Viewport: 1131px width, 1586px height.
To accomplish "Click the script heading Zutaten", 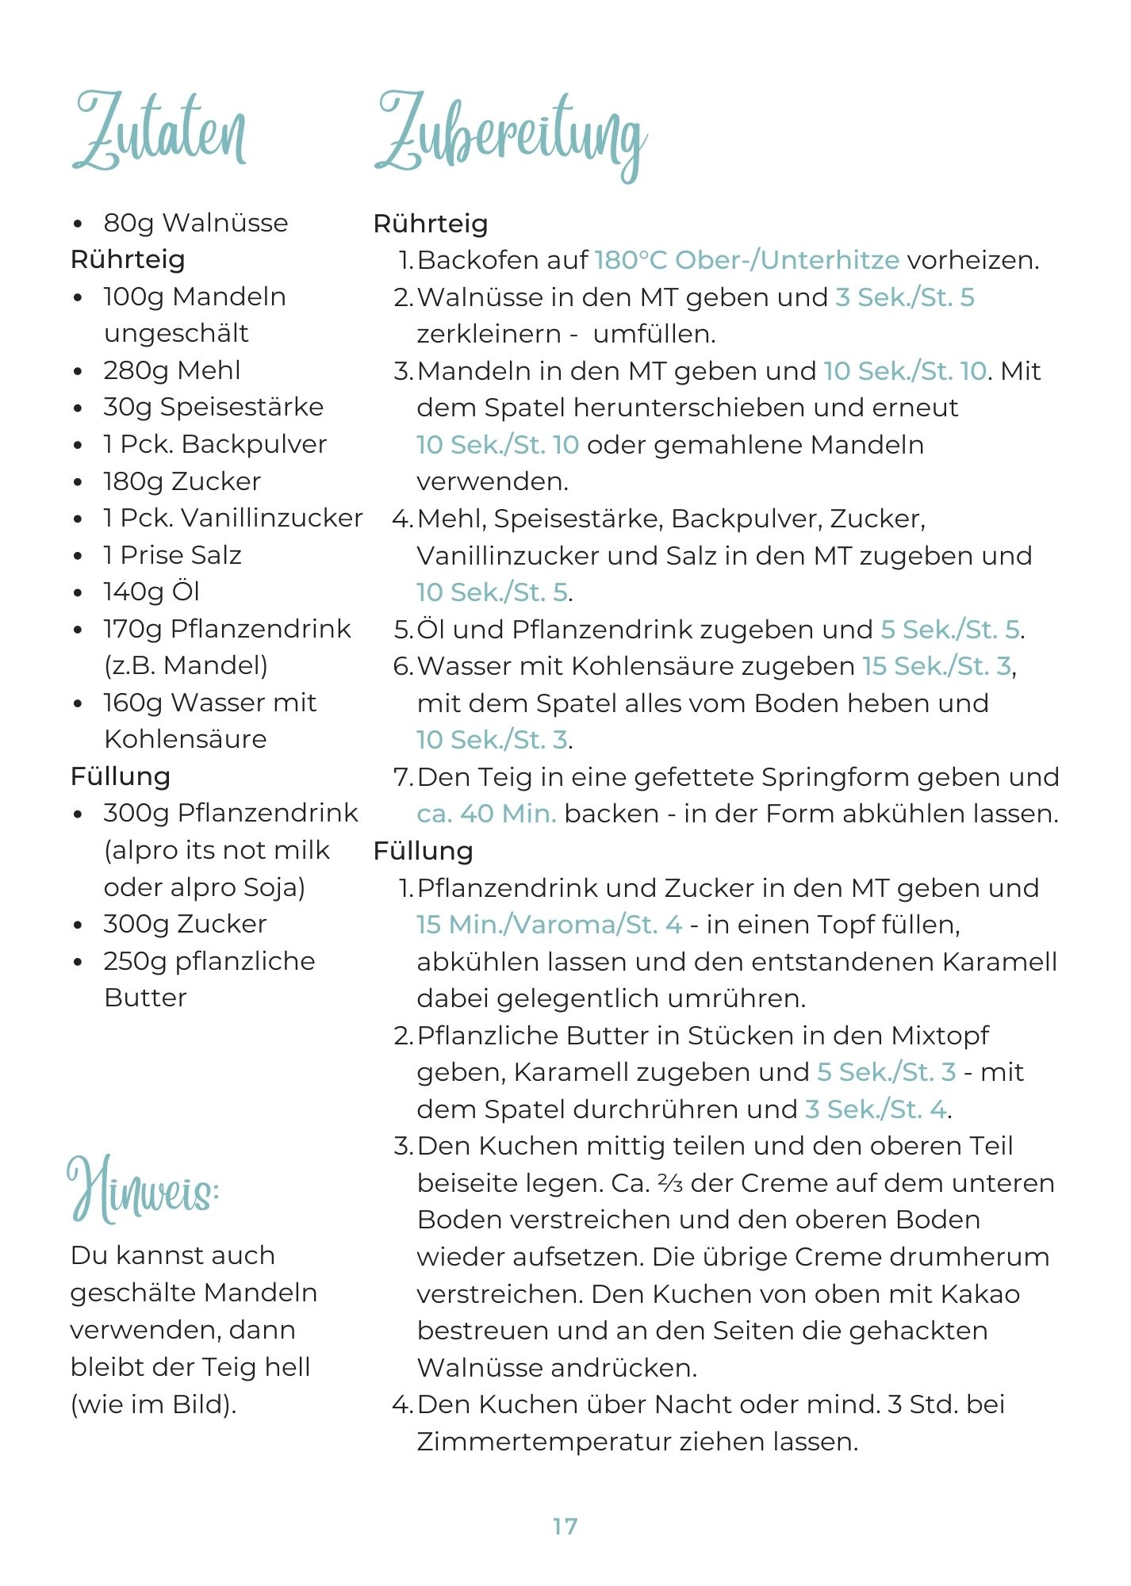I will pyautogui.click(x=159, y=131).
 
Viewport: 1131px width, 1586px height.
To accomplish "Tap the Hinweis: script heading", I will pyautogui.click(x=143, y=1189).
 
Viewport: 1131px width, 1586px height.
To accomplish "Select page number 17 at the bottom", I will pyautogui.click(x=565, y=1526).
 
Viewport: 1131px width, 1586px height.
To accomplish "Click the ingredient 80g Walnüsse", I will pyautogui.click(x=195, y=223).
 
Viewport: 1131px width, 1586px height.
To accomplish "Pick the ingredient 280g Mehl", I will pyautogui.click(x=172, y=370).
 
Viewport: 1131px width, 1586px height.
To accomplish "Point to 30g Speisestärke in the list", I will pyautogui.click(x=213, y=407).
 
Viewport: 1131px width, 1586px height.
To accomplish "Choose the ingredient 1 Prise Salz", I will pyautogui.click(x=172, y=555).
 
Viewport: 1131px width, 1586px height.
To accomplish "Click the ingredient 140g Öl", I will pyautogui.click(x=151, y=592).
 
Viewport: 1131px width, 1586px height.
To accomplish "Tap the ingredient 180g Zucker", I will pyautogui.click(x=182, y=481).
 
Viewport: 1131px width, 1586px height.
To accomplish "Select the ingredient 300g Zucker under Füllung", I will pyautogui.click(x=185, y=924).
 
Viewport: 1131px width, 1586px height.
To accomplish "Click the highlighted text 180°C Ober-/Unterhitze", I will pyautogui.click(x=746, y=260).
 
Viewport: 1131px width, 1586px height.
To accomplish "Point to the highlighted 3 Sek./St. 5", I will pyautogui.click(x=904, y=297).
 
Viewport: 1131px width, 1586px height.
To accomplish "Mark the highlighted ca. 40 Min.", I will pyautogui.click(x=486, y=814).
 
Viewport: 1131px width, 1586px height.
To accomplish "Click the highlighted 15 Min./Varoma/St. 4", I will pyautogui.click(x=549, y=925).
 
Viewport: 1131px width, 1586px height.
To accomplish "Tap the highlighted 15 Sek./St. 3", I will pyautogui.click(x=937, y=666).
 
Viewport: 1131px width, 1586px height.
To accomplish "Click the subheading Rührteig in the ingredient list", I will pyautogui.click(x=128, y=259).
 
